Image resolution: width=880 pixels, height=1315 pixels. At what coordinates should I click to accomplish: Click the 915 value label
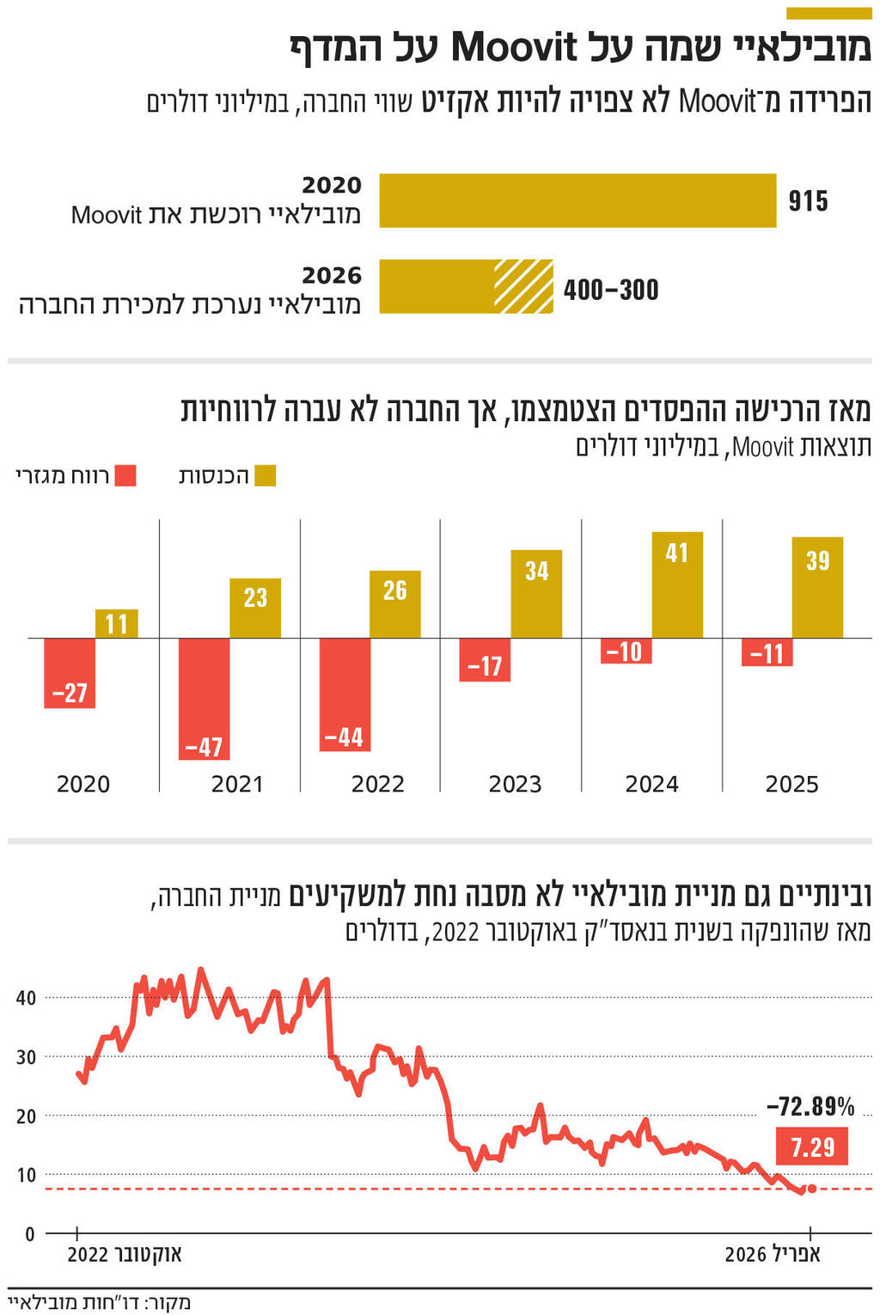pyautogui.click(x=808, y=201)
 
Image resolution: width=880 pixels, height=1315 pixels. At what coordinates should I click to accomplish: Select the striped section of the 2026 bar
pyautogui.click(x=523, y=286)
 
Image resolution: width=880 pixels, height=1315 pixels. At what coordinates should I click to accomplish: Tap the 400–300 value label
pyautogui.click(x=611, y=290)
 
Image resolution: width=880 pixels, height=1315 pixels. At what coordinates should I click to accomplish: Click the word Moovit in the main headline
pyautogui.click(x=516, y=46)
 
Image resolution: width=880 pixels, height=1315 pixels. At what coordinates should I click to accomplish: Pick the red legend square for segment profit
pyautogui.click(x=125, y=475)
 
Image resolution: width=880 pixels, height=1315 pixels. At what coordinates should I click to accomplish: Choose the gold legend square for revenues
pyautogui.click(x=265, y=475)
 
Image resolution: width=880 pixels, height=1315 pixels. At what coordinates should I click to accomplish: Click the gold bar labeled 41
pyautogui.click(x=677, y=584)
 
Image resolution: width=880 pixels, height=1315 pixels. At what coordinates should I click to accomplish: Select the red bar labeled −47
pyautogui.click(x=205, y=698)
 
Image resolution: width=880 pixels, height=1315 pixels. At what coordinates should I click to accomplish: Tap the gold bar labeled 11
pyautogui.click(x=116, y=623)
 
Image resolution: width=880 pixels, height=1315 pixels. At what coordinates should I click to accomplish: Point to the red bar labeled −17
pyautogui.click(x=485, y=659)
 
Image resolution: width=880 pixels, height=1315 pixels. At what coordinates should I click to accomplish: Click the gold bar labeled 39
pyautogui.click(x=817, y=587)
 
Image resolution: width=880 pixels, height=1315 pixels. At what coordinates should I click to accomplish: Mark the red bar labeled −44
pyautogui.click(x=345, y=694)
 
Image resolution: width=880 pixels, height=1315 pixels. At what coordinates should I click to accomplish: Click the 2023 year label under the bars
pyautogui.click(x=515, y=784)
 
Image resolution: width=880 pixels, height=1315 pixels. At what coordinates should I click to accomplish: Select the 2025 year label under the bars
pyautogui.click(x=791, y=784)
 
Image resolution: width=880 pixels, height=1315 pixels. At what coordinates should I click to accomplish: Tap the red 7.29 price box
pyautogui.click(x=812, y=1147)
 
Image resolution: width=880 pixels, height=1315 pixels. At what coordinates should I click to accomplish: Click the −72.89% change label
pyautogui.click(x=810, y=1106)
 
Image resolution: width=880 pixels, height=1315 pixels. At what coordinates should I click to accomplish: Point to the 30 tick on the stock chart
pyautogui.click(x=26, y=1057)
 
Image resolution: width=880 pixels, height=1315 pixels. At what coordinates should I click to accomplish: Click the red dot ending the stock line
pyautogui.click(x=812, y=1189)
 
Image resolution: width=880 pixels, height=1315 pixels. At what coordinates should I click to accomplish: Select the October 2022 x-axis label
pyautogui.click(x=125, y=1254)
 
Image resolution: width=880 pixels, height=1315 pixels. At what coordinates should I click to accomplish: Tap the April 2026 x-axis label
pyautogui.click(x=773, y=1254)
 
